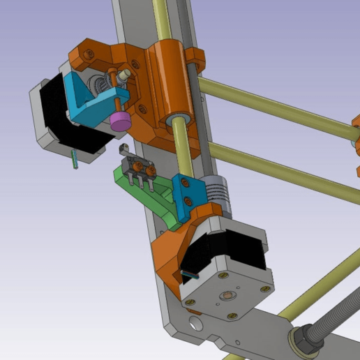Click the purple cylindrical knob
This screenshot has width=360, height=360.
[x=120, y=121]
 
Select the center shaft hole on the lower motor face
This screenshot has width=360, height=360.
[x=227, y=295]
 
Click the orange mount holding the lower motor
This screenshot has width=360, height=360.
[x=170, y=250]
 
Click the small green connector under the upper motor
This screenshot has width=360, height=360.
[x=75, y=158]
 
